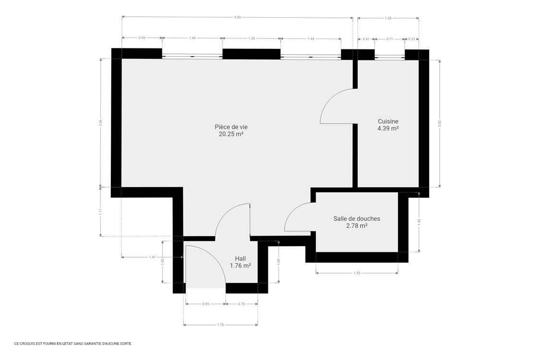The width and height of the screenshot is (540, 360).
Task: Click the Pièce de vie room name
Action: click(231, 127)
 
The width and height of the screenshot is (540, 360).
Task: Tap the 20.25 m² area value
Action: click(231, 134)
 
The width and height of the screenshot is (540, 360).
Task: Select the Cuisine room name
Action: click(388, 121)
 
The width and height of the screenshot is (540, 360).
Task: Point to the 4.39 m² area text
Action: click(388, 129)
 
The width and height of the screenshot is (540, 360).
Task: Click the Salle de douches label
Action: click(357, 218)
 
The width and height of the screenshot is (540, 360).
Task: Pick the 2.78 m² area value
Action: click(357, 226)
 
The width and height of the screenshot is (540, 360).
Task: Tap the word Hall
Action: click(240, 258)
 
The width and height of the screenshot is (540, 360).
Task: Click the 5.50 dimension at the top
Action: click(237, 17)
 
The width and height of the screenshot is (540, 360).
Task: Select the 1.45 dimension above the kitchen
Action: click(388, 18)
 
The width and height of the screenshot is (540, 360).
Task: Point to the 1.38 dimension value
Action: click(252, 38)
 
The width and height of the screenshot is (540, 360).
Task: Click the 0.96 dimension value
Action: click(142, 38)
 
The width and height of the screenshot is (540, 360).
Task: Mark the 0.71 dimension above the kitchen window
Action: click(389, 38)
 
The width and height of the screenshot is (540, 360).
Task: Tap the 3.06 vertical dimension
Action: click(100, 122)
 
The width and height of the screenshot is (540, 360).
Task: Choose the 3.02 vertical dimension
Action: click(440, 122)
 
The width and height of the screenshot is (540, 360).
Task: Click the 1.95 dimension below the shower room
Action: click(357, 273)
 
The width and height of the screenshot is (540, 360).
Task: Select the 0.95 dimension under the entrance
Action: click(205, 304)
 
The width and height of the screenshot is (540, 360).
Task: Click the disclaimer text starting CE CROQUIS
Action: click(73, 344)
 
